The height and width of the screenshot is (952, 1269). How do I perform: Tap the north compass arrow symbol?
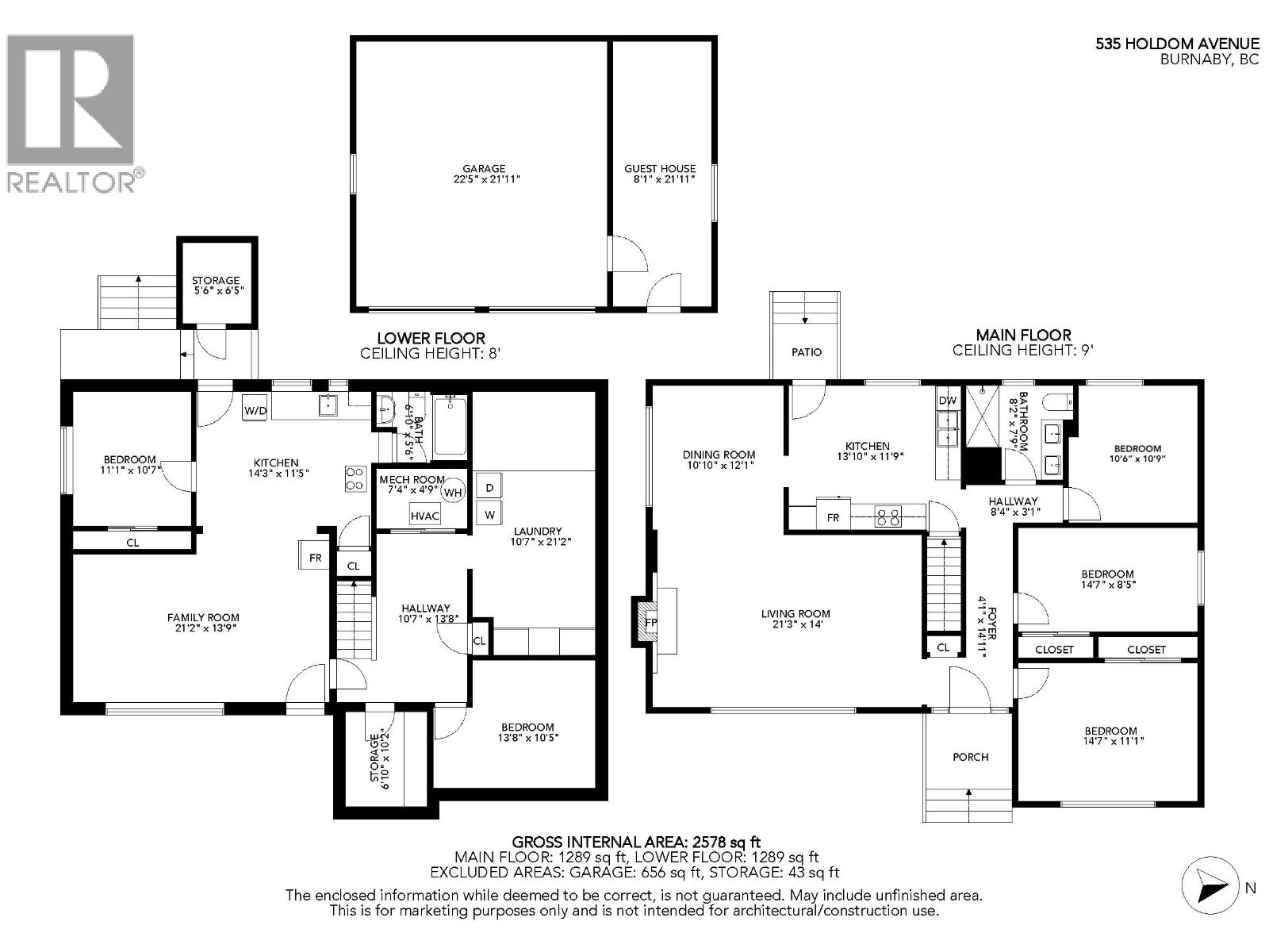[x=1210, y=885]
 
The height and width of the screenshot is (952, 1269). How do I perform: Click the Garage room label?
[x=484, y=168]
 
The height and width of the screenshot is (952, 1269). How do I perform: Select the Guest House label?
[x=660, y=168]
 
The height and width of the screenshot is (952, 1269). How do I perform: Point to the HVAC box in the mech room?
[x=425, y=516]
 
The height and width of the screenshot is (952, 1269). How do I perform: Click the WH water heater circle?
[x=453, y=493]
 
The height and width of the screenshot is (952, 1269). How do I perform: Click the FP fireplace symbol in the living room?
[x=651, y=622]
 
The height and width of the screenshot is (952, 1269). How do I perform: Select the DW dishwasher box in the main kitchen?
[x=948, y=401]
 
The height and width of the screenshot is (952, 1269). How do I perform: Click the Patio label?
[x=807, y=351]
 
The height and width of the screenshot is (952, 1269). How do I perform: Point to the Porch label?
[x=970, y=757]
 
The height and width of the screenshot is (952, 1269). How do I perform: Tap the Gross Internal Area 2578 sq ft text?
[x=636, y=842]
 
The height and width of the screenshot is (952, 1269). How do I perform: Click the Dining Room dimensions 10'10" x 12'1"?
[x=719, y=466]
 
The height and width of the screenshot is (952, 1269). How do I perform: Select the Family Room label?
[x=203, y=617]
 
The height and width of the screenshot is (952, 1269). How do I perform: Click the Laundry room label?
[x=537, y=531]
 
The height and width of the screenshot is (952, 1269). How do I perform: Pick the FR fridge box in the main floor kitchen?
[x=833, y=517]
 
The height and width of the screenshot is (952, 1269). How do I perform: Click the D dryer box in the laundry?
[x=489, y=487]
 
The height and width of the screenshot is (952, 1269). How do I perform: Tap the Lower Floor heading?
[x=431, y=338]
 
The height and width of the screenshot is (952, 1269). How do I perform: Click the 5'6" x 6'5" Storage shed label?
[x=216, y=290]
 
